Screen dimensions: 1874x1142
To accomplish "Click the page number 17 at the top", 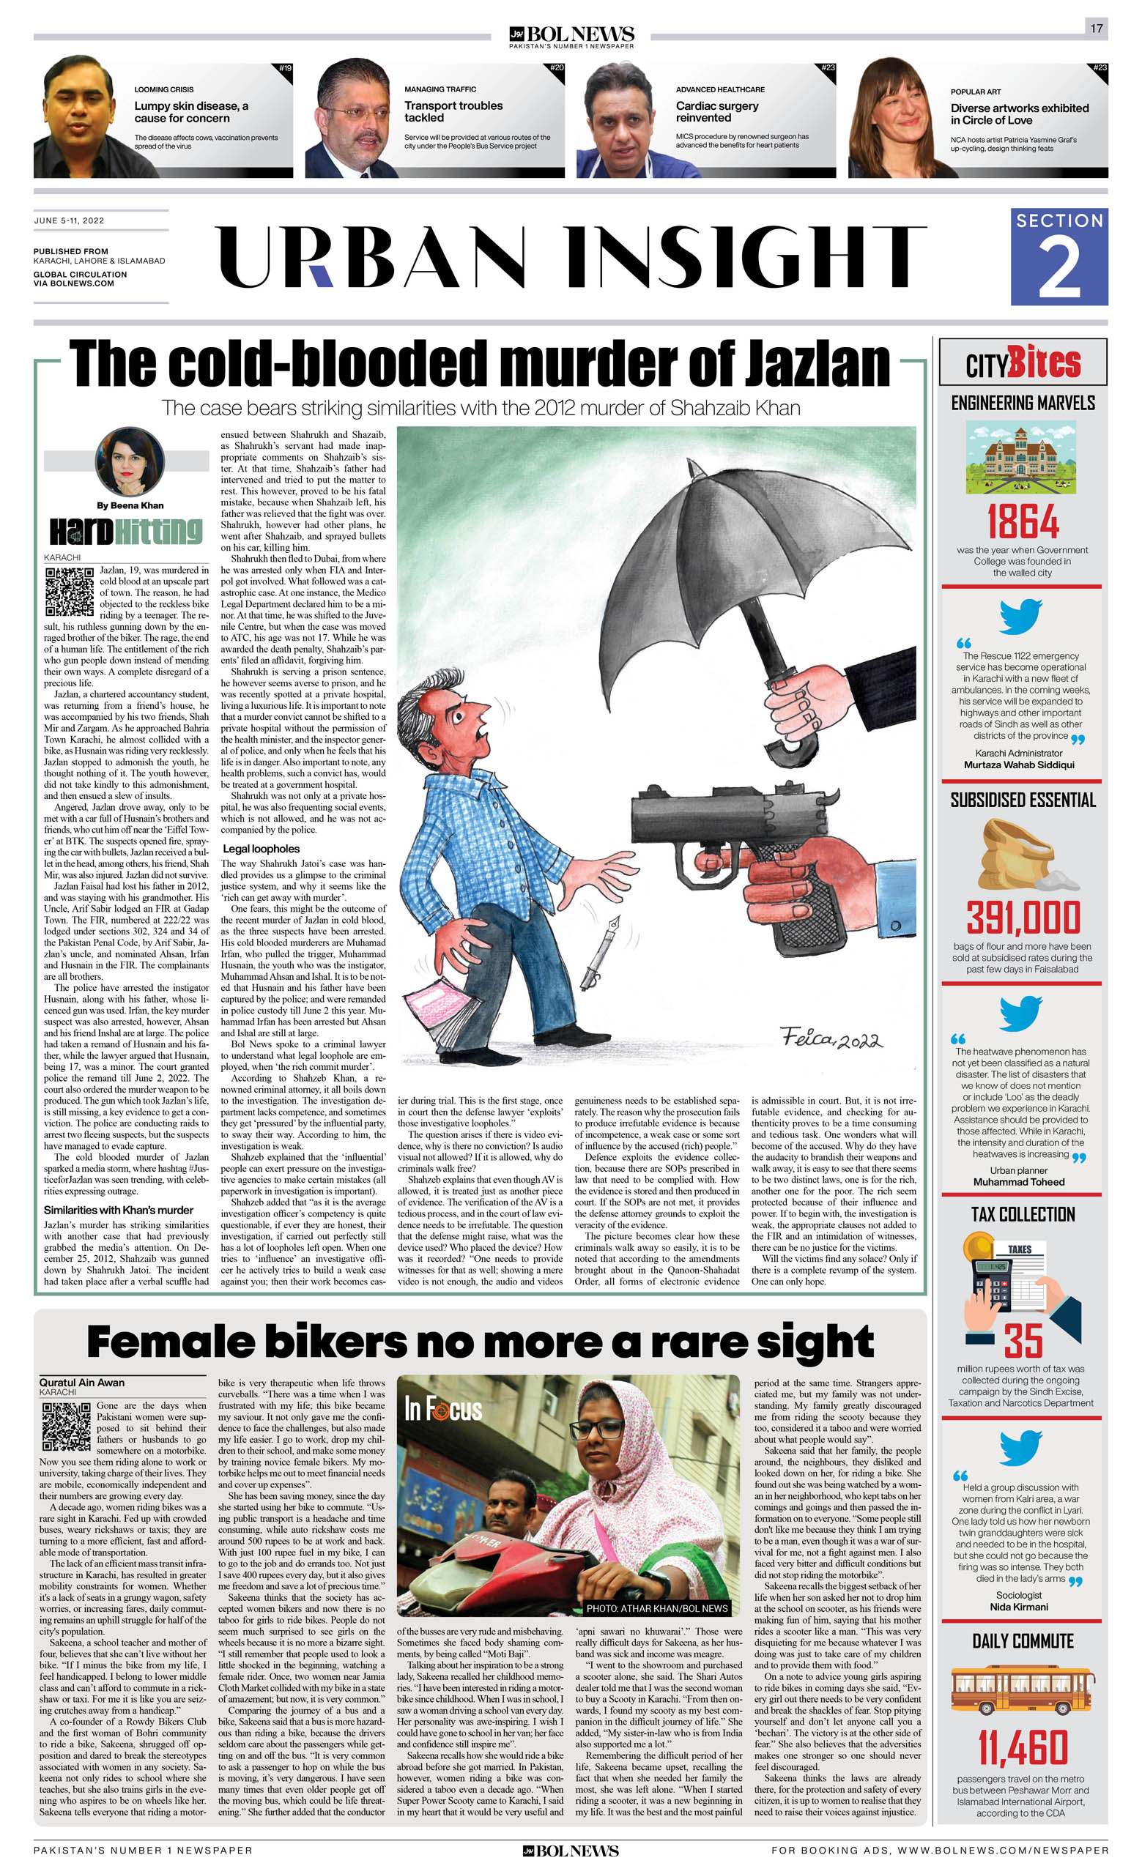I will [x=1096, y=28].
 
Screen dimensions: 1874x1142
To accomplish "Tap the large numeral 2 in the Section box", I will [x=1058, y=269].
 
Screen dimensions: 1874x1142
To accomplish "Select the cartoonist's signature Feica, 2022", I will [x=831, y=1038].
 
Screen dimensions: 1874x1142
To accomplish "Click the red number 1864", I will [x=1023, y=521].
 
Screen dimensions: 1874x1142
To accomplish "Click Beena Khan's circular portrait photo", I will [x=130, y=461].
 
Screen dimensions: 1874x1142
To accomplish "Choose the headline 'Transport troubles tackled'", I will [x=453, y=112].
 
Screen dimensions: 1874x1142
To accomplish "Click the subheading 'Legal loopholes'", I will [x=261, y=849].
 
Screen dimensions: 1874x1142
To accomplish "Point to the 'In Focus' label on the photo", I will [x=442, y=1409].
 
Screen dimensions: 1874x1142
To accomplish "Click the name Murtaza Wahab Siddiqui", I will [x=1019, y=765].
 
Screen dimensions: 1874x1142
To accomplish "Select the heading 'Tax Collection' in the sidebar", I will [x=1023, y=1215].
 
